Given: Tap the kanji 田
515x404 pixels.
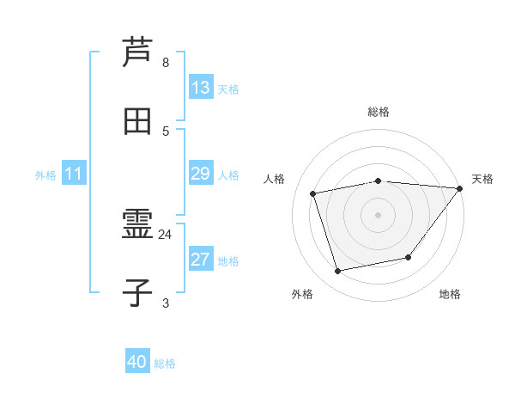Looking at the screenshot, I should (x=137, y=121).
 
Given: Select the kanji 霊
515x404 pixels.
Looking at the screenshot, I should (x=137, y=226).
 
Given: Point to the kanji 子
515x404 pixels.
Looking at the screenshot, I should (x=137, y=294).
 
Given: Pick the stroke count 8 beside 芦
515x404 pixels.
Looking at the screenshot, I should (x=166, y=63).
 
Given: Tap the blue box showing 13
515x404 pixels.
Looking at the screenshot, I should (x=201, y=88).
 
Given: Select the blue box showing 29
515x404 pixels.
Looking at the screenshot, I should (x=201, y=174).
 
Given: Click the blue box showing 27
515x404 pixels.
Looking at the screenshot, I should (x=201, y=260).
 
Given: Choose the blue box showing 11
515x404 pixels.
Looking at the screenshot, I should (x=74, y=174).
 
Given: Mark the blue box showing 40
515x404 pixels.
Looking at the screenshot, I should (x=137, y=362).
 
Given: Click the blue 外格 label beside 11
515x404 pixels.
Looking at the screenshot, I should (x=45, y=175).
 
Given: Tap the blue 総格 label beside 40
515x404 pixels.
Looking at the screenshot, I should (x=165, y=364).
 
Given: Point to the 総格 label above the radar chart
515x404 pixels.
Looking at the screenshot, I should (x=379, y=112).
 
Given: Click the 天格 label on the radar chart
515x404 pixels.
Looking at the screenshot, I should (x=482, y=179).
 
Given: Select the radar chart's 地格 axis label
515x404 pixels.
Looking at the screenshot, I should (x=450, y=294).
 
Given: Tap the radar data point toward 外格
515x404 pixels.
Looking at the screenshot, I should (x=338, y=272).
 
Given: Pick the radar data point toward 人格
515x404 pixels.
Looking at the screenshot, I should (x=313, y=193).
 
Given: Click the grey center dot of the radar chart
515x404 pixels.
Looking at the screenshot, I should (x=379, y=214).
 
